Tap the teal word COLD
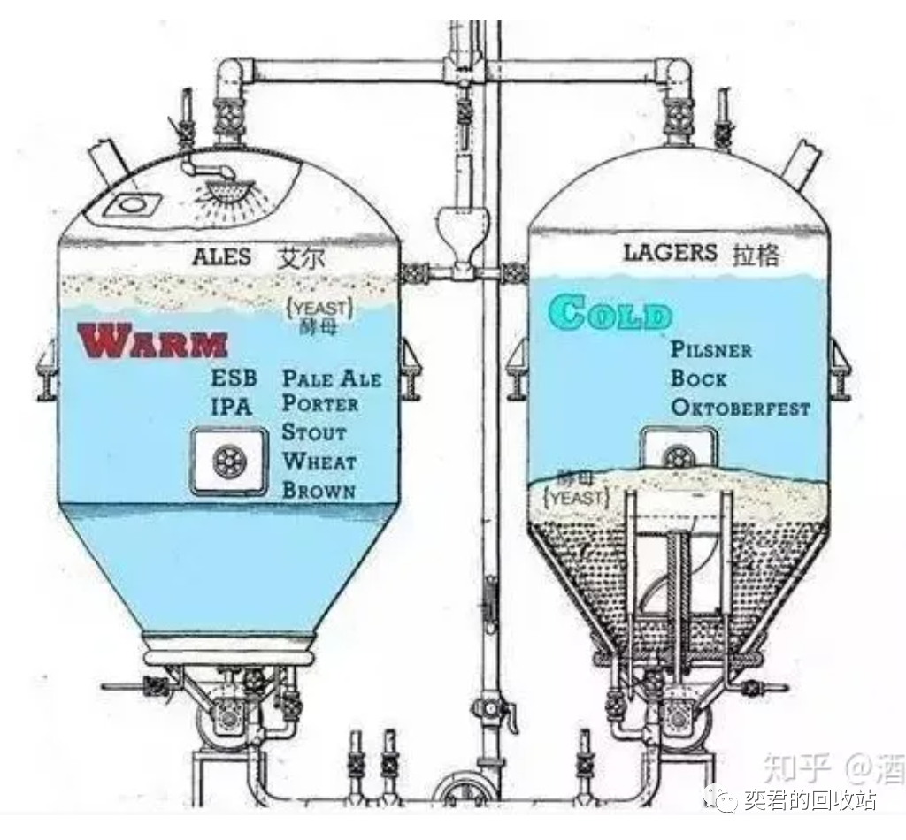(x=610, y=313)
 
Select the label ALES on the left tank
(x=221, y=258)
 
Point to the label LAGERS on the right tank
(x=670, y=252)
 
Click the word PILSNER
(x=711, y=349)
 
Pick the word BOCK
(x=699, y=378)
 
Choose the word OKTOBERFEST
(x=741, y=408)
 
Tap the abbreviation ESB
(x=234, y=378)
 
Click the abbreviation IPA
(x=231, y=408)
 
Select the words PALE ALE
(x=332, y=378)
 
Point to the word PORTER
(x=320, y=404)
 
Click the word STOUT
(x=314, y=433)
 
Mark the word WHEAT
(x=319, y=462)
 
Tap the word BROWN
(x=319, y=491)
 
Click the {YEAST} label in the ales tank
(x=320, y=309)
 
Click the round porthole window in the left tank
(x=229, y=460)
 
